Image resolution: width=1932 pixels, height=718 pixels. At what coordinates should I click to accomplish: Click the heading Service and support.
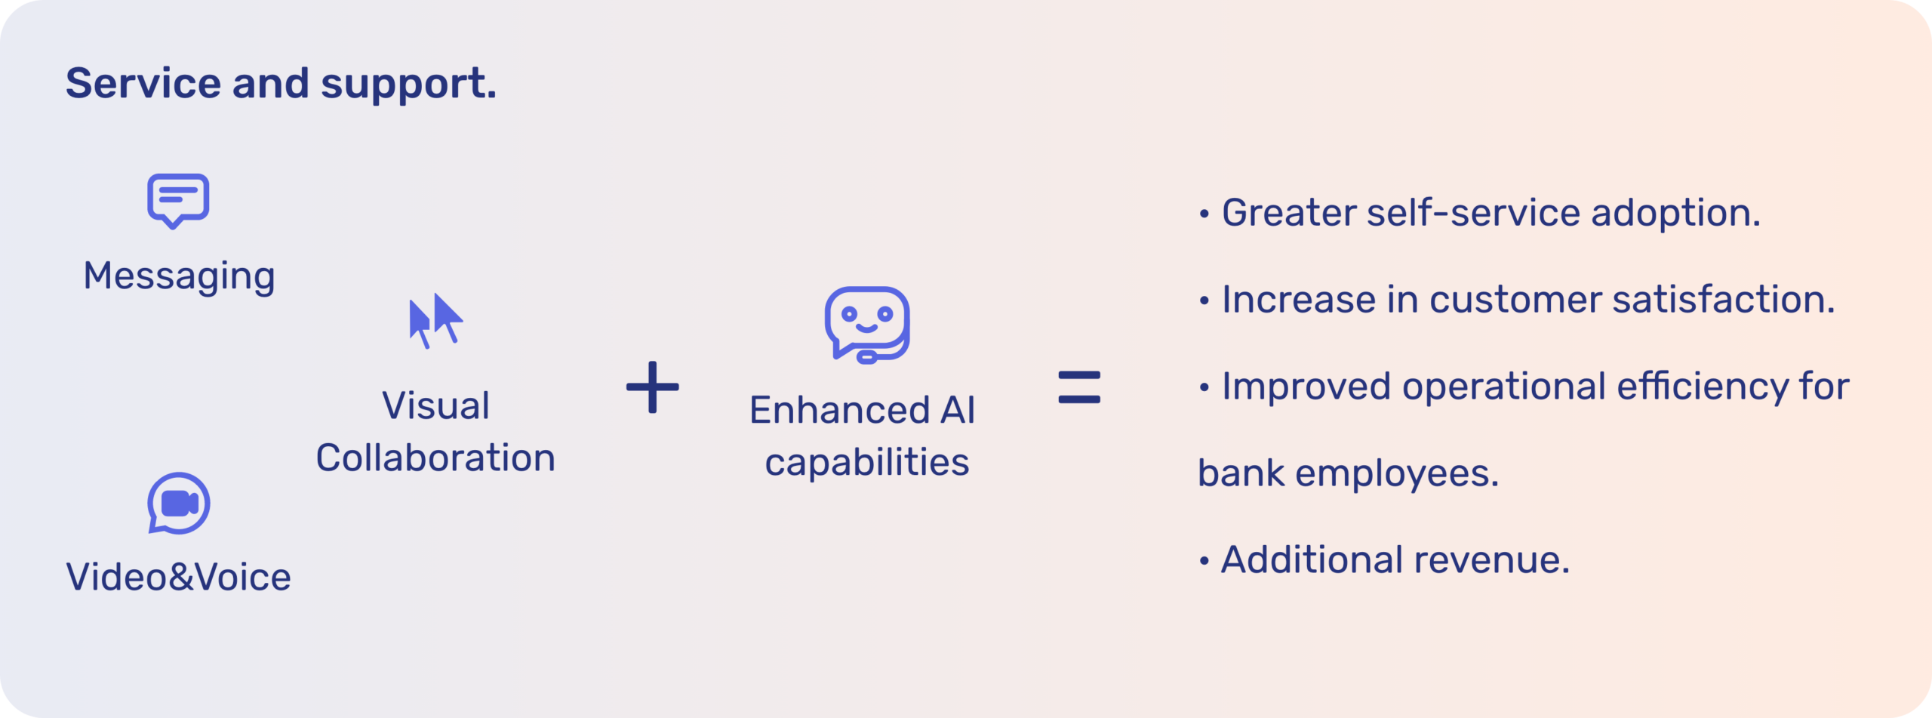point(281,83)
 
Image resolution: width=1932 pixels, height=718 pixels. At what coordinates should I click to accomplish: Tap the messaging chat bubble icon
point(178,200)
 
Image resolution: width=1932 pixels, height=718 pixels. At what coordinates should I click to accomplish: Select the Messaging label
point(179,276)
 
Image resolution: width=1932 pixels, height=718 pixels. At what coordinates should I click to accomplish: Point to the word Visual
point(435,406)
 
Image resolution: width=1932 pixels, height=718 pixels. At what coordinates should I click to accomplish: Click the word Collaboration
point(435,458)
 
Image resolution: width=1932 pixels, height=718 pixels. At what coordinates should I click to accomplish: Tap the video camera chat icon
point(178,504)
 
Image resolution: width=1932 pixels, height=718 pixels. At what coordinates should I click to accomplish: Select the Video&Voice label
point(178,578)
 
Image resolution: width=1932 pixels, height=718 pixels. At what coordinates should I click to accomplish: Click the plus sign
point(653,387)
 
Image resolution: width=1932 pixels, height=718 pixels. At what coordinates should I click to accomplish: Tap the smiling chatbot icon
point(866,324)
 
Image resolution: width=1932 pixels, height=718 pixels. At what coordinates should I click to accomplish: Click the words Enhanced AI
point(862,411)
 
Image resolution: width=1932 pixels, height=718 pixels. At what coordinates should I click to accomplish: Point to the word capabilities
point(866,463)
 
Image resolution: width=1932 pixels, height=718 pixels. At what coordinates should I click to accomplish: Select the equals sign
point(1079,387)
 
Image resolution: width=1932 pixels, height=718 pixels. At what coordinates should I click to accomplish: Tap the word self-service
point(1473,213)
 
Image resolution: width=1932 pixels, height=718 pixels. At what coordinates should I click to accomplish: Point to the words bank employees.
point(1348,474)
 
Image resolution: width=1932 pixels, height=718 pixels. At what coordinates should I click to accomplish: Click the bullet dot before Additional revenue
point(1204,562)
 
